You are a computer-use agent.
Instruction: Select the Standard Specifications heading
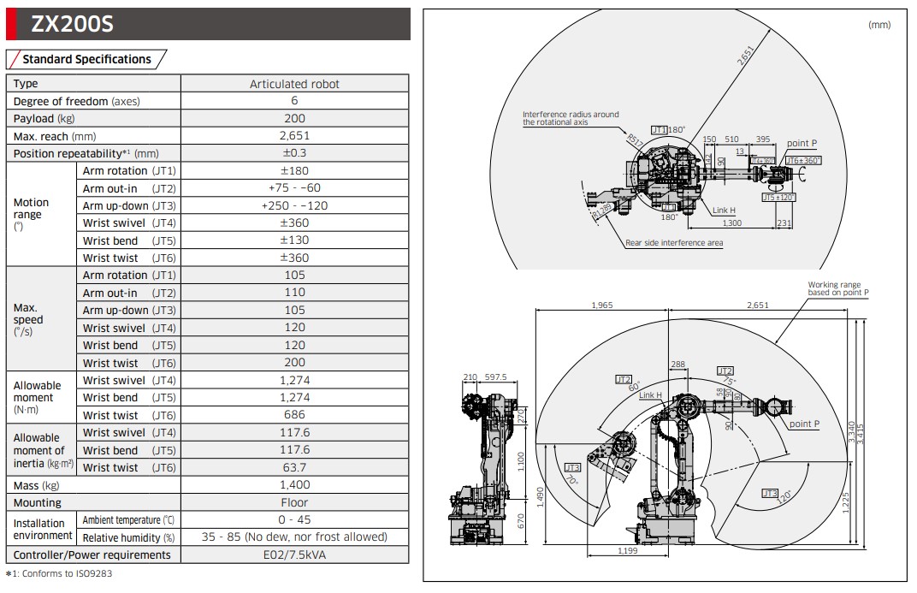coord(86,59)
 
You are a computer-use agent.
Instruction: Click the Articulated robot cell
coord(294,84)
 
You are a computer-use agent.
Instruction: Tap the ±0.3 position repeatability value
coord(294,153)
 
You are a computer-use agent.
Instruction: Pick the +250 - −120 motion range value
coord(294,205)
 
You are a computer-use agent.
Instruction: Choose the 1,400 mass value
coord(294,485)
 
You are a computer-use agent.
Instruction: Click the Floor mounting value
coord(294,502)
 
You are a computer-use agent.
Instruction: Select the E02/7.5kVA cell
coord(294,554)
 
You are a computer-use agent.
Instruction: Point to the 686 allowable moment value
coord(294,415)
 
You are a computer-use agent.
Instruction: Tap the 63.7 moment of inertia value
coord(294,467)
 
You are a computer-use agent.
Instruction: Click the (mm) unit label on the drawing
coord(879,25)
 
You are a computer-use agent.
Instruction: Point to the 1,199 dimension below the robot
coord(628,551)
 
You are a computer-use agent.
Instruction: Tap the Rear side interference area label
coord(673,243)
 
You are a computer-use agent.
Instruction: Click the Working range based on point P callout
coord(837,288)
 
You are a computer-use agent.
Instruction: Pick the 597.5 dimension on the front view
coord(495,377)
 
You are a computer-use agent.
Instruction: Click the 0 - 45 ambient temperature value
coord(294,519)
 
